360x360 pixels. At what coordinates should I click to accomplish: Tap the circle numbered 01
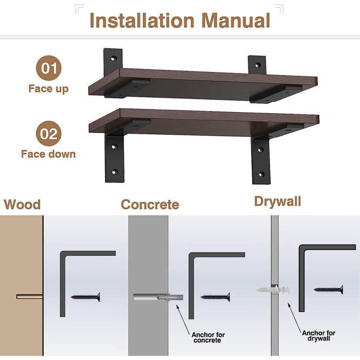pos(48,68)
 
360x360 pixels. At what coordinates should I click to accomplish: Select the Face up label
pos(48,88)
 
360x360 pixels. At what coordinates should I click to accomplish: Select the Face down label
pos(48,154)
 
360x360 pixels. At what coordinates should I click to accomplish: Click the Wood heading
pos(22,204)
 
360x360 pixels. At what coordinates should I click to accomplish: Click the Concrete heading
pos(150,204)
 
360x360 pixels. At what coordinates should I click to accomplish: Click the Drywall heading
pos(277,201)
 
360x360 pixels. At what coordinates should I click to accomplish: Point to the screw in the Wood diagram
pos(85,297)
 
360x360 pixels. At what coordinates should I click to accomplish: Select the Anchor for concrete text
pos(207,337)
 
